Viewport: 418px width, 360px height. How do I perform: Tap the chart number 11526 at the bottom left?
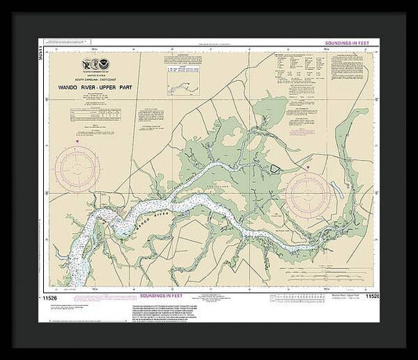49,297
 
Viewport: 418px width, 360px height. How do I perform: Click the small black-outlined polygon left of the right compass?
275,168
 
